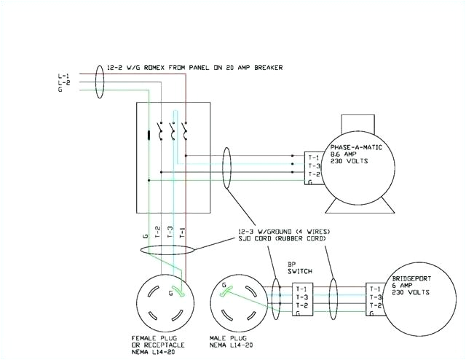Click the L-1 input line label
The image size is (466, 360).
(x=63, y=76)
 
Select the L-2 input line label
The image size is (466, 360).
(x=63, y=83)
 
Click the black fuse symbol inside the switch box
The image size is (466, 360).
(x=150, y=134)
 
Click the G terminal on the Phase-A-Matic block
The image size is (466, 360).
(x=313, y=182)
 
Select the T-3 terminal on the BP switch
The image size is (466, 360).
(x=301, y=297)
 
